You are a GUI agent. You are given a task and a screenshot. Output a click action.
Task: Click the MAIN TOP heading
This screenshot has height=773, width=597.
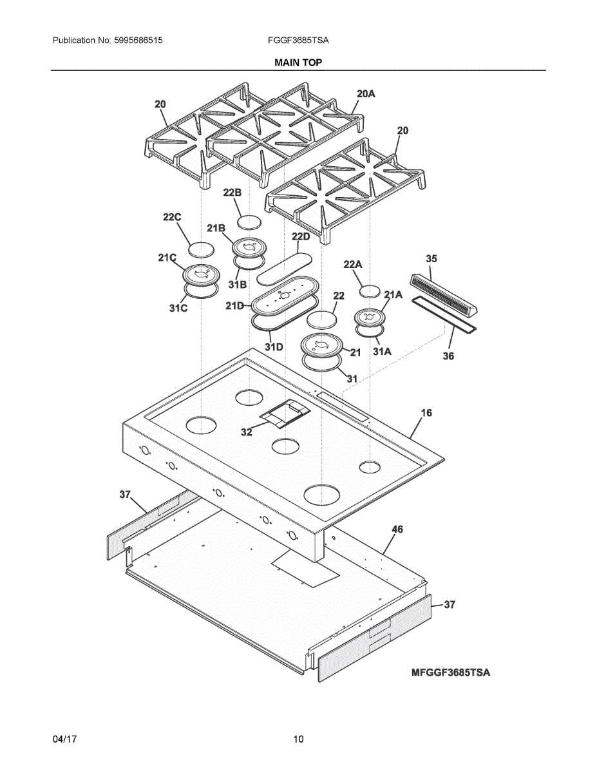tap(298, 62)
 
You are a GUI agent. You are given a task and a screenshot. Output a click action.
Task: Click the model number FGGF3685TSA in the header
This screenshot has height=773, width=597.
tap(298, 40)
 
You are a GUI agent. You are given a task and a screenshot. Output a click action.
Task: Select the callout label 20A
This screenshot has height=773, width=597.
tap(366, 94)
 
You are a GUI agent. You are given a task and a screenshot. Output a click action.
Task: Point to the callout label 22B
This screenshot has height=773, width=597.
tap(232, 193)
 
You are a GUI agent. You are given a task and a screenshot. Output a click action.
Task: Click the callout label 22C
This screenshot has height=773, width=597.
tap(171, 218)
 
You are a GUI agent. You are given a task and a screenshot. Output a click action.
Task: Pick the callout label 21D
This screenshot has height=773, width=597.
tap(235, 306)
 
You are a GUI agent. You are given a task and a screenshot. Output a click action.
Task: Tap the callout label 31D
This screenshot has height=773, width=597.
tap(274, 347)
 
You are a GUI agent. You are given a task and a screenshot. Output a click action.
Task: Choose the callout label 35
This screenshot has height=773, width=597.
tap(431, 258)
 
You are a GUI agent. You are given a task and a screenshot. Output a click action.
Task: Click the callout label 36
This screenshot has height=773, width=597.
tap(448, 356)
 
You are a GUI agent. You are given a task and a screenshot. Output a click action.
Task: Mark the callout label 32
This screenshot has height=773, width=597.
tap(247, 432)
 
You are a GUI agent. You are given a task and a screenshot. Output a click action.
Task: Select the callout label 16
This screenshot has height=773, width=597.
tap(426, 412)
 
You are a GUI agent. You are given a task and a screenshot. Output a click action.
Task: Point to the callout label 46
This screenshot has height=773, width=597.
tap(397, 529)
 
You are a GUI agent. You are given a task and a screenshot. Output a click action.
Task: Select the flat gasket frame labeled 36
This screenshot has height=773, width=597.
tap(445, 318)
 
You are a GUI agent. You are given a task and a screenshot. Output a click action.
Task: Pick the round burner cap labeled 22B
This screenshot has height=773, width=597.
tap(249, 222)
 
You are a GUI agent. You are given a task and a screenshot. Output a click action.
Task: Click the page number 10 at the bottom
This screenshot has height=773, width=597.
tap(298, 740)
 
